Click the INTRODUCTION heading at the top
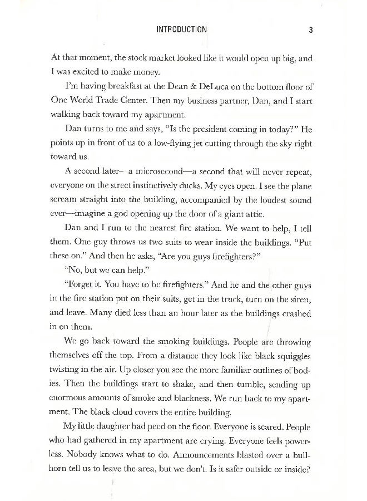(x=182, y=30)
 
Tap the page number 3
(x=312, y=30)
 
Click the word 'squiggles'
(x=291, y=355)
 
